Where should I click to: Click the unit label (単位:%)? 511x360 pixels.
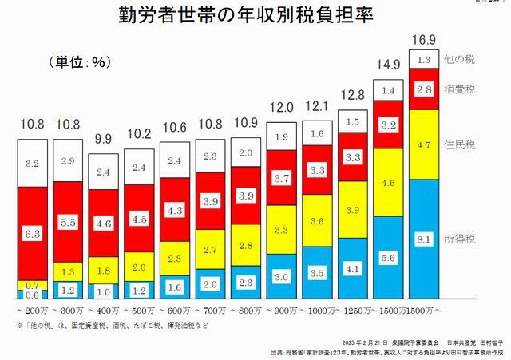[x=81, y=61]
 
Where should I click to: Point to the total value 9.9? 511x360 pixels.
[x=103, y=139]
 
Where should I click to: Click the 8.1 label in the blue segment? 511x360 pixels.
[x=425, y=238]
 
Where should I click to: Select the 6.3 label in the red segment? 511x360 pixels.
[x=33, y=234]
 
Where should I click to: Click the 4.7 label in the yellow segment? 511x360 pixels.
[x=425, y=146]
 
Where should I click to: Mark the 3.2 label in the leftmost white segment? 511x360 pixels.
[x=33, y=163]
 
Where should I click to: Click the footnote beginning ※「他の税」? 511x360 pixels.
[x=113, y=326]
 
